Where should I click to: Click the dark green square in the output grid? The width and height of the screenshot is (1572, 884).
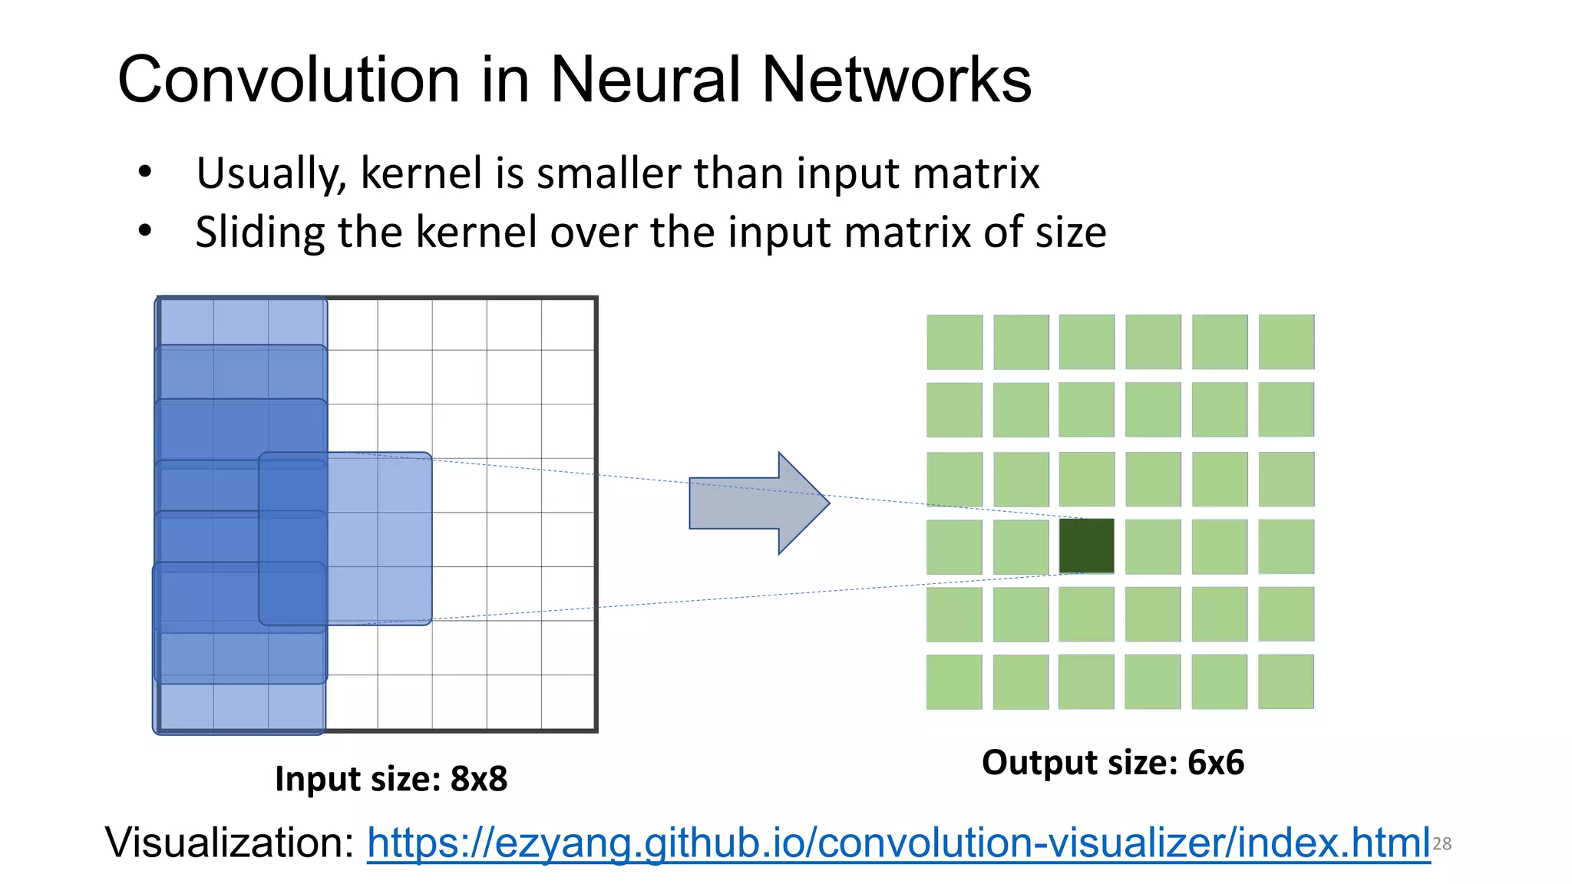[1086, 546]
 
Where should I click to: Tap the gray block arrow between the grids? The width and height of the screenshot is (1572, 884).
[756, 503]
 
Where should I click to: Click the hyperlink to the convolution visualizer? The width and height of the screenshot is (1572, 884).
[898, 843]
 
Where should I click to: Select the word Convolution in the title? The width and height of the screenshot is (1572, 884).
[289, 80]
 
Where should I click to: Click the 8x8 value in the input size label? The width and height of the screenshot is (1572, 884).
[479, 779]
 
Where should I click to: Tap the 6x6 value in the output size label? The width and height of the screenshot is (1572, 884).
[1216, 763]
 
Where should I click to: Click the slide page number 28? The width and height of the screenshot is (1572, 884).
[1442, 844]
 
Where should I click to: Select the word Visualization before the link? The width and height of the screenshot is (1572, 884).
[229, 843]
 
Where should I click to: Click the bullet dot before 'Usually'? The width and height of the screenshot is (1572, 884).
[145, 173]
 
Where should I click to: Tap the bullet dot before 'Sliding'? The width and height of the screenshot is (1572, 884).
[145, 231]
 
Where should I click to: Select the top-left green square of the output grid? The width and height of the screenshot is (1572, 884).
[954, 342]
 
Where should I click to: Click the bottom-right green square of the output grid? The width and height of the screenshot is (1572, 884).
[1286, 681]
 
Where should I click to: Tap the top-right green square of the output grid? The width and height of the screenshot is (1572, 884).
[1286, 342]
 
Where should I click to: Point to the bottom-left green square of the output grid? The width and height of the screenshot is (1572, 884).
[954, 681]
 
